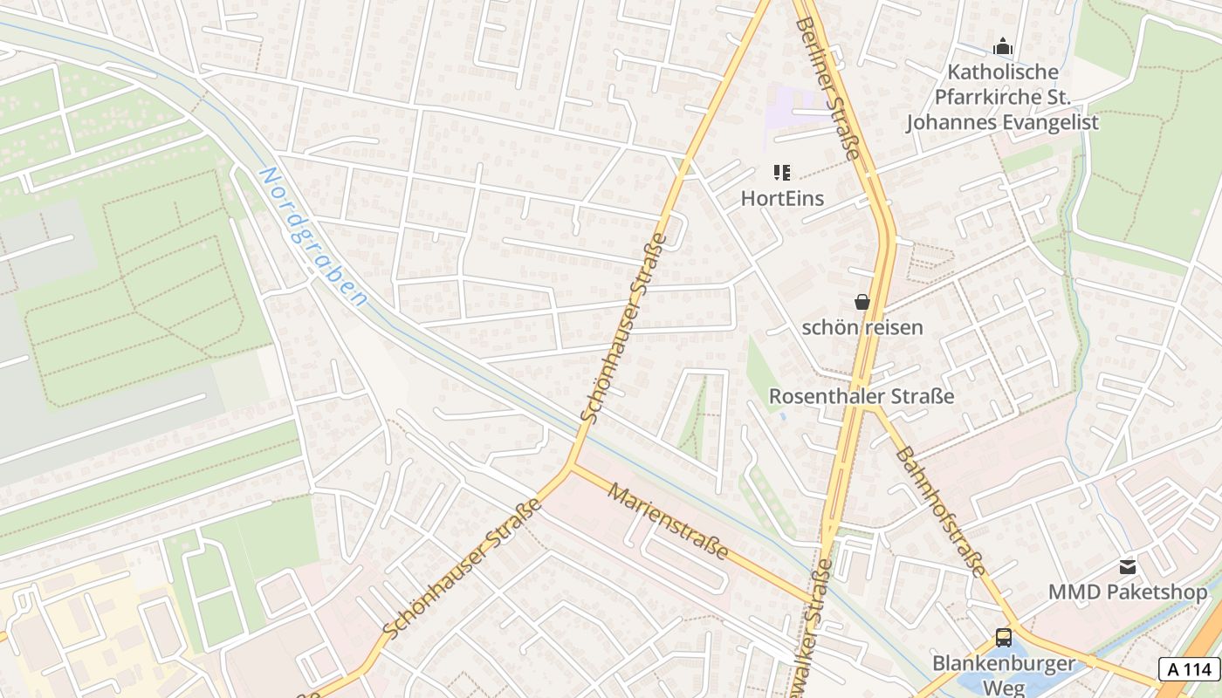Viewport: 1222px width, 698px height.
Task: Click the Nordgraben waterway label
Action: (x=312, y=236)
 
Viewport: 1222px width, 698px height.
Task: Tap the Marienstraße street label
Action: (x=669, y=523)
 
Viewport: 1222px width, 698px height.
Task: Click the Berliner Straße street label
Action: (x=828, y=87)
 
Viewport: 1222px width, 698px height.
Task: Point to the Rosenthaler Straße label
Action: (x=861, y=396)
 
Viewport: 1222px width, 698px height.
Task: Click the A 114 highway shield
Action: (x=1190, y=669)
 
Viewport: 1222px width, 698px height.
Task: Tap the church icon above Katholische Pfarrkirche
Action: (x=1003, y=46)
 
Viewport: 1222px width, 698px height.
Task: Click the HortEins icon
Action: (x=781, y=173)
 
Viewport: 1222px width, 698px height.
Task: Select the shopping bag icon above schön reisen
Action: (x=862, y=302)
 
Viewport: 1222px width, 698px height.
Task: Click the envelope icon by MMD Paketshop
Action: (x=1128, y=566)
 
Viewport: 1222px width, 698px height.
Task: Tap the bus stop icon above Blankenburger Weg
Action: (x=1004, y=637)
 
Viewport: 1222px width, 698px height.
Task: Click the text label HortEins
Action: (x=782, y=198)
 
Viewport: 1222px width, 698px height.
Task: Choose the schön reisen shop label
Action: (x=862, y=328)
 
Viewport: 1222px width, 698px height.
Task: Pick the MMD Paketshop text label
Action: (x=1128, y=592)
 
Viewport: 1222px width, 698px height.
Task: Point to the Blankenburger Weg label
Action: (x=1004, y=674)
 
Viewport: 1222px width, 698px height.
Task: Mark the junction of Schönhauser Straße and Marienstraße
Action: (x=571, y=464)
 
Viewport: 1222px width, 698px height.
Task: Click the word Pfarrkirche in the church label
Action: (x=1003, y=97)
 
